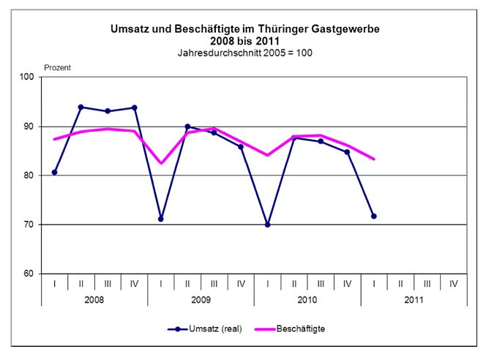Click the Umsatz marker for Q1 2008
pyautogui.click(x=55, y=173)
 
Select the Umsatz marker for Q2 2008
pyautogui.click(x=81, y=107)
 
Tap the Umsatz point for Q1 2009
pyautogui.click(x=161, y=219)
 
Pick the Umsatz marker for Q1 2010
pyautogui.click(x=267, y=225)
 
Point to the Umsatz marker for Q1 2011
pyautogui.click(x=374, y=216)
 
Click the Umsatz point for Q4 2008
pyautogui.click(x=135, y=108)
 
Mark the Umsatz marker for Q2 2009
pyautogui.click(x=187, y=127)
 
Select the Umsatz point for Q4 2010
pyautogui.click(x=347, y=152)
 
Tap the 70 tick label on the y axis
pyautogui.click(x=29, y=225)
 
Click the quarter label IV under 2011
pyautogui.click(x=454, y=284)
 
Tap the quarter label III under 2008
pyautogui.click(x=108, y=284)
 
